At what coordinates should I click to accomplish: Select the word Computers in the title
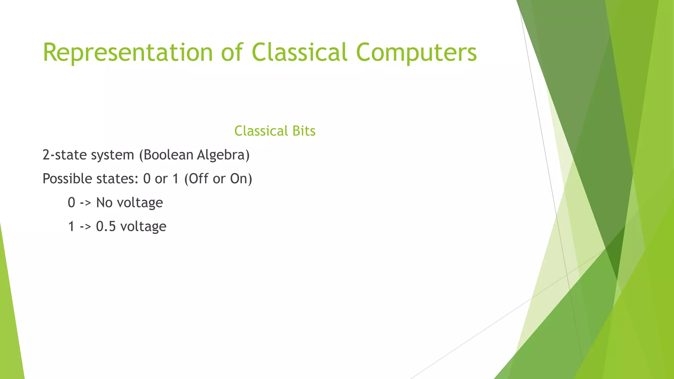pos(416,53)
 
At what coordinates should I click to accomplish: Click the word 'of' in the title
pos(232,53)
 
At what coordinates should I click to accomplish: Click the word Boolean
pos(166,155)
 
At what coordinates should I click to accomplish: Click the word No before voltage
pos(104,203)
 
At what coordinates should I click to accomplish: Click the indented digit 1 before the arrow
pos(71,226)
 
